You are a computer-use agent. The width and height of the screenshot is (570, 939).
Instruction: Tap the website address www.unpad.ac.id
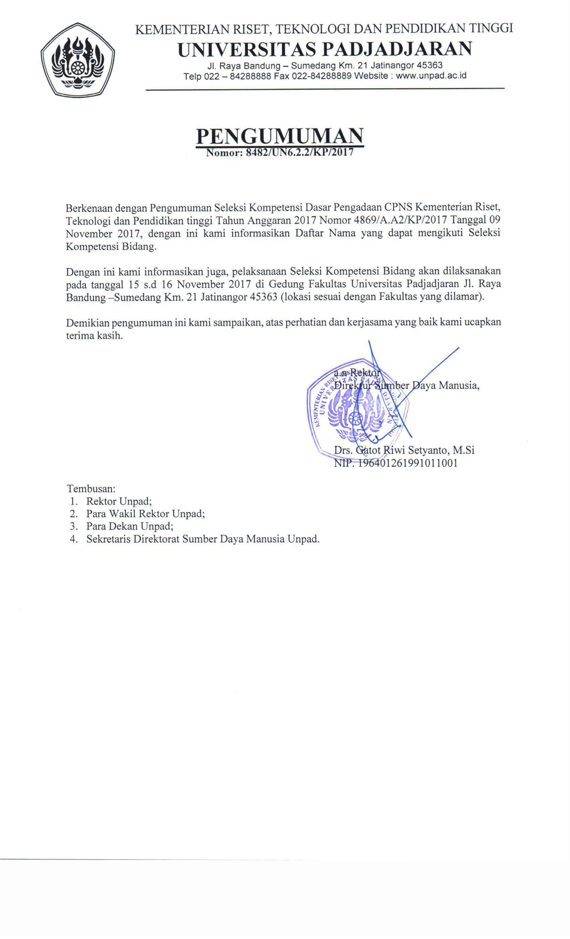coord(431,76)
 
